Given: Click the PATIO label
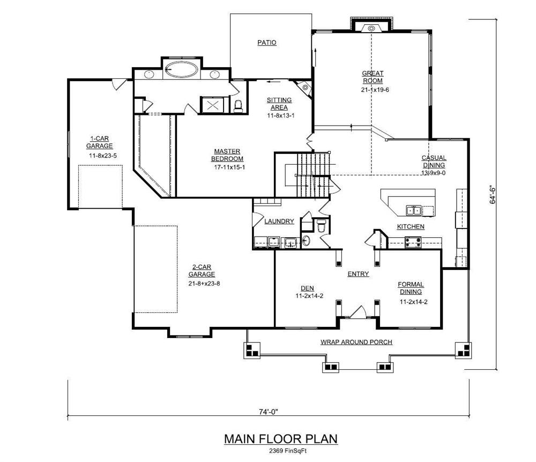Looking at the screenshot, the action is pos(266,42).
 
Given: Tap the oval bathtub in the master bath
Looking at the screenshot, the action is pos(181,70).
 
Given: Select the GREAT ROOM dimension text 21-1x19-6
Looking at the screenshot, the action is pos(375,90).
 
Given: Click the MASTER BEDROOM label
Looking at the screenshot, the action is pos(227,155).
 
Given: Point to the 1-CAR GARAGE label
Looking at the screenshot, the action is pos(99,142).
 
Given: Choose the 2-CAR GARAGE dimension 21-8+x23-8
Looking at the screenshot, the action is pos(204,283).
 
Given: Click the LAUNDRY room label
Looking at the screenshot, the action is pos(279,221).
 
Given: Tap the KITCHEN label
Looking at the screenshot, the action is pos(411,226).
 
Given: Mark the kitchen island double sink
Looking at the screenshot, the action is pos(414,210).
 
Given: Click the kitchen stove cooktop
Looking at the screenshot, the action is pos(413,243).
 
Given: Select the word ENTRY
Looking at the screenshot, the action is pos(358,274).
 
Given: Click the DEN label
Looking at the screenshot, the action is pos(307,288).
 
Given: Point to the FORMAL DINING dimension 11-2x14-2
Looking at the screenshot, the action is pos(414,302).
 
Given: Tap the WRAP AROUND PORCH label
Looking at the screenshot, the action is pos(356,342).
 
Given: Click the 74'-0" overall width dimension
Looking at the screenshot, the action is pos(269,412).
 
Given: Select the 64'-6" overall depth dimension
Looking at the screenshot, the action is pos(493,195).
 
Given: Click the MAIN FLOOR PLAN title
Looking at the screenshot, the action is pos(281,439).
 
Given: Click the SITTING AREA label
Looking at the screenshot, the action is pos(279,104).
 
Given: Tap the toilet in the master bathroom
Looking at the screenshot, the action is pos(238,106).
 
